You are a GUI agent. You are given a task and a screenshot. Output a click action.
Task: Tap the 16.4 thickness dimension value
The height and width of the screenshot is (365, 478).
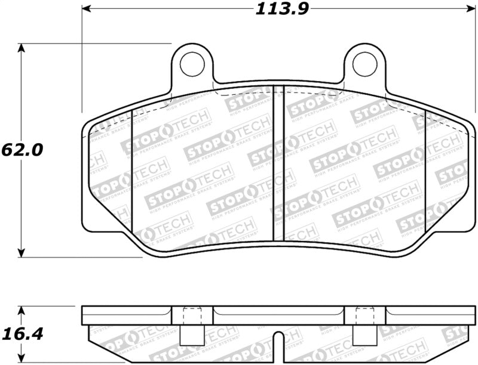click(22, 334)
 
